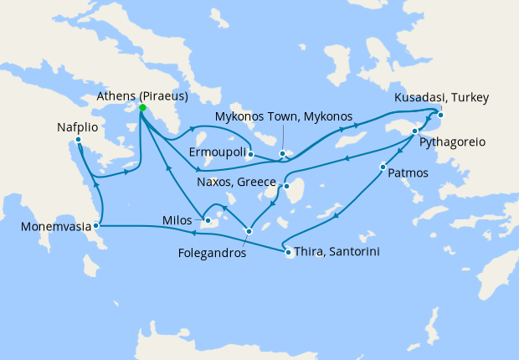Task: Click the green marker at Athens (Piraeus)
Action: [x=142, y=108]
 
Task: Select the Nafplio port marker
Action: [x=79, y=140]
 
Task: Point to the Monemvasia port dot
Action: [x=97, y=225]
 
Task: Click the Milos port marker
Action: [x=208, y=221]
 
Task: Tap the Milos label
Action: [x=180, y=222]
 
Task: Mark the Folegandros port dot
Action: [x=249, y=231]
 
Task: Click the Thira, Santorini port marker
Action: [x=287, y=252]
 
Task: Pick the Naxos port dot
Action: [x=286, y=188]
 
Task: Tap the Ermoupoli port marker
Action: [x=251, y=154]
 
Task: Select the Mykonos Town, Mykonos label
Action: [x=284, y=116]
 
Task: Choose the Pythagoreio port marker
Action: [x=415, y=131]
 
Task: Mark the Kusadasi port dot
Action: [x=440, y=116]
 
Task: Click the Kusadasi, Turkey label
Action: [x=442, y=99]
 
